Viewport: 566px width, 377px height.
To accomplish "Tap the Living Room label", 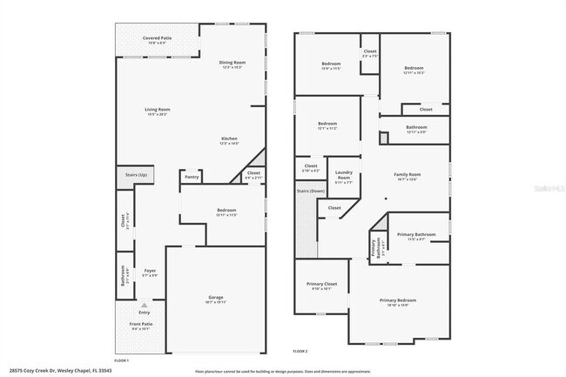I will [158, 111].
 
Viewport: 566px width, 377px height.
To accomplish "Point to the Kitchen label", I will [229, 139].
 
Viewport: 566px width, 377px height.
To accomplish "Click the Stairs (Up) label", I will [136, 174].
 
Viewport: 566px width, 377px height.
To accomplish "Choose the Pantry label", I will [192, 176].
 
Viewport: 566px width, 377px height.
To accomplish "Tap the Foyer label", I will [151, 272].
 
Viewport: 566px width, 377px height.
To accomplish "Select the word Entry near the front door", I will [145, 312].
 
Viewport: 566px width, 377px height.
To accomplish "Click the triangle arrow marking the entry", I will [145, 306].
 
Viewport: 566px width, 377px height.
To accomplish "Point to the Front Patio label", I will [140, 327].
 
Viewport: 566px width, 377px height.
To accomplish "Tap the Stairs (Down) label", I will [310, 190].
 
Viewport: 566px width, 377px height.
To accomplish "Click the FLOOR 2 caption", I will [300, 351].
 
